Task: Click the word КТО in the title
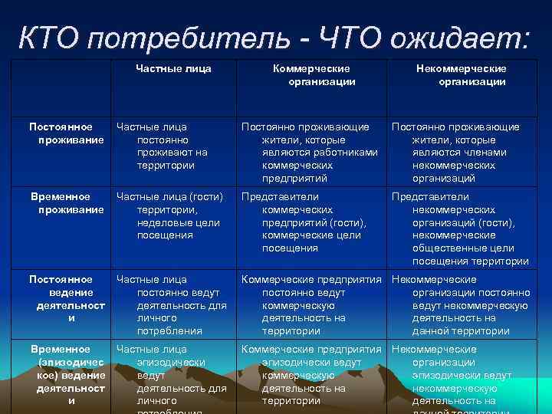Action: [x=51, y=36]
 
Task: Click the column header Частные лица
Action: [x=173, y=69]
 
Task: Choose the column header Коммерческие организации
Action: [x=311, y=75]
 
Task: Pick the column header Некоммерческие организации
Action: [x=461, y=75]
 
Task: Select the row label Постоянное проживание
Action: [x=61, y=133]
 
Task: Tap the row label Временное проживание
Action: [x=61, y=203]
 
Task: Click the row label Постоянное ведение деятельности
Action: [x=61, y=298]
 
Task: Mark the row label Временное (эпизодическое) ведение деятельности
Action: [x=61, y=374]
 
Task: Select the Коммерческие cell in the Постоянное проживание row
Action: [x=310, y=152]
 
